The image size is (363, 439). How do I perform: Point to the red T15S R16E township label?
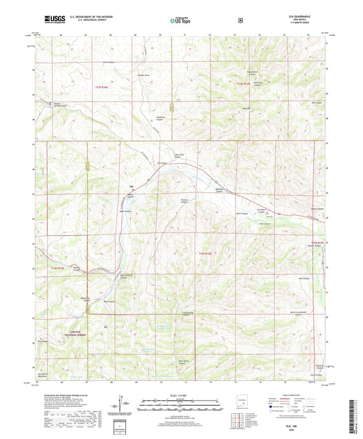click(x=102, y=87)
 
